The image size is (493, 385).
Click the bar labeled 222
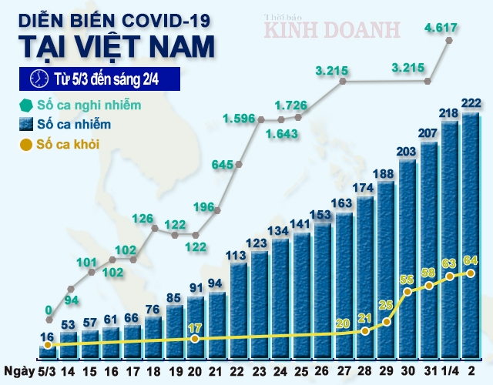click(x=470, y=231)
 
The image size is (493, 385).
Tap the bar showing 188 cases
click(x=386, y=269)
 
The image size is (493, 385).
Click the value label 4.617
click(x=441, y=29)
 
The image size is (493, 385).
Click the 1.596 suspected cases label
click(x=239, y=119)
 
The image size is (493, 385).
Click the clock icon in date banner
click(x=36, y=79)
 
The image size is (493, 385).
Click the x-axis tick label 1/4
click(x=450, y=370)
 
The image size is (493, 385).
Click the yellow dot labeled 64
click(x=470, y=273)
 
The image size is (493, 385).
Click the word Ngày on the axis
click(x=17, y=370)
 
